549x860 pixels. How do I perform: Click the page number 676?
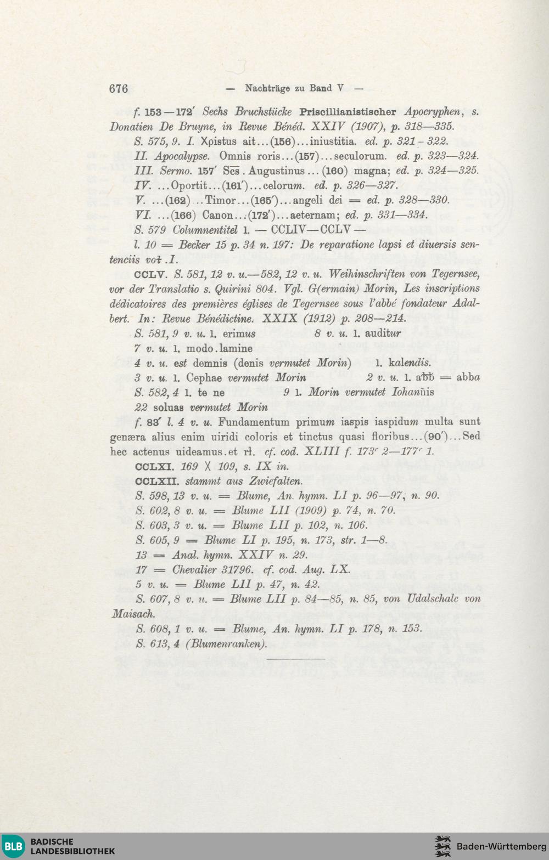pyautogui.click(x=119, y=89)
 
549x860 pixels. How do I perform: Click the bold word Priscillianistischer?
pyautogui.click(x=348, y=112)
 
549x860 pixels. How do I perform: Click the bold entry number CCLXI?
pyautogui.click(x=155, y=467)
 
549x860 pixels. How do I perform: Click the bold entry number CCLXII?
pyautogui.click(x=156, y=482)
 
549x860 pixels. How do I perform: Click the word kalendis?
pyautogui.click(x=410, y=363)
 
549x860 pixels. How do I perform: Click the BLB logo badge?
pyautogui.click(x=14, y=846)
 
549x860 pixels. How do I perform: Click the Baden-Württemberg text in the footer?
pyautogui.click(x=501, y=846)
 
